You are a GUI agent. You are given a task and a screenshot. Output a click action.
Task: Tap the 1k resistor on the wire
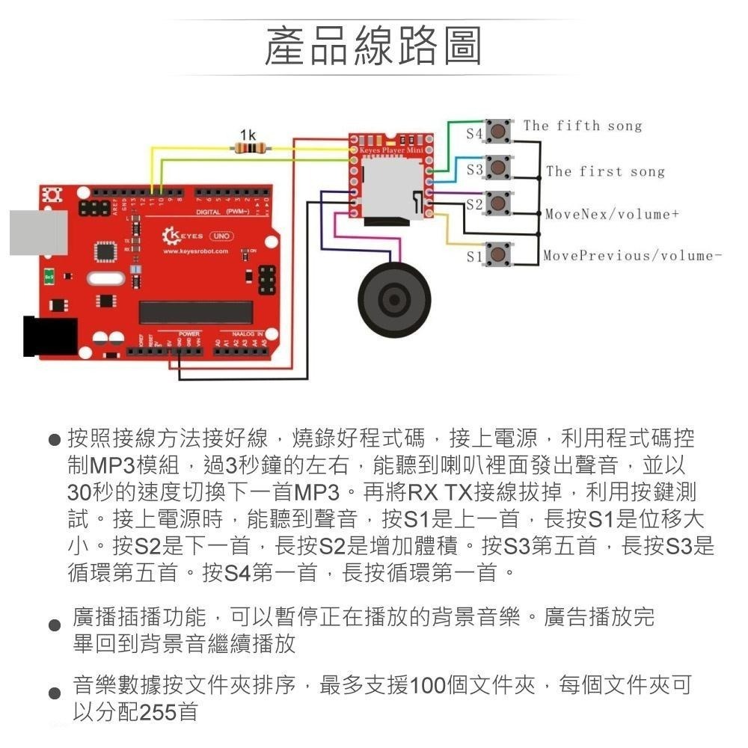coord(248,150)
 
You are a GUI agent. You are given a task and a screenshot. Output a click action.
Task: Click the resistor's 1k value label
coord(248,135)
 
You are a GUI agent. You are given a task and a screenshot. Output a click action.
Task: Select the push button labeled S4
coord(499,132)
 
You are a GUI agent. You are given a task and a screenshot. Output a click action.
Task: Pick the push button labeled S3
coord(499,169)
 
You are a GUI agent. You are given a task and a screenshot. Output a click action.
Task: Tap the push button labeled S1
coord(499,255)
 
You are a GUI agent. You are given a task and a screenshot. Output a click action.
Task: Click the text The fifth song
coord(582,126)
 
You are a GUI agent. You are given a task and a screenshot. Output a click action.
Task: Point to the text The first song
coord(604,171)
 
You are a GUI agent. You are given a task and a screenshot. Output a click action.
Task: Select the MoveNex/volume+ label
coord(611,215)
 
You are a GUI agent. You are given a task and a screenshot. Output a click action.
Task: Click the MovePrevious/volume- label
coord(632,256)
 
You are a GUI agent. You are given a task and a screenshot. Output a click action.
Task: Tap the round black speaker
coord(394,298)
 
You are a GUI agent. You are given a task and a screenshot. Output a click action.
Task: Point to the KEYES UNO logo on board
coord(198,236)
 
